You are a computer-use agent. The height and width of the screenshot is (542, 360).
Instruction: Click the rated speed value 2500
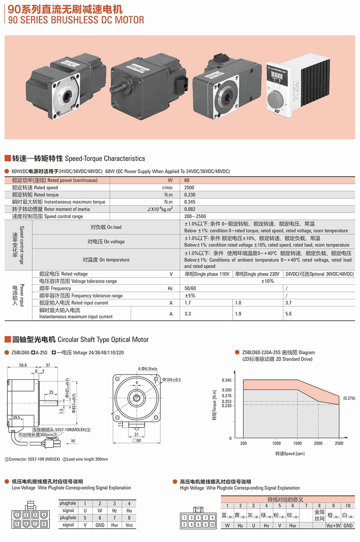tap(189, 188)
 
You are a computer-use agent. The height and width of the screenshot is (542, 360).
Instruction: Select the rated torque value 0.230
tap(189, 195)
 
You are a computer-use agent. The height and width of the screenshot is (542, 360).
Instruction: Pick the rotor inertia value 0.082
tap(189, 209)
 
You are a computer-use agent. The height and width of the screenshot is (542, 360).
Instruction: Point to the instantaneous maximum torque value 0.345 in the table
tap(189, 202)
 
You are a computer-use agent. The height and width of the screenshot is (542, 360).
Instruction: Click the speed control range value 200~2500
tap(195, 216)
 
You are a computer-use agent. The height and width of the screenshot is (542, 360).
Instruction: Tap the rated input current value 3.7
tap(288, 303)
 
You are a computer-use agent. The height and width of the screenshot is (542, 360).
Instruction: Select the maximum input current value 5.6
tap(288, 314)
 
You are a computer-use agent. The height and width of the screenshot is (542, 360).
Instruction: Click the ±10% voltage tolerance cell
tap(267, 281)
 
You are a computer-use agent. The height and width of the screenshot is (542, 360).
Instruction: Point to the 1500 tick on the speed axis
tap(297, 443)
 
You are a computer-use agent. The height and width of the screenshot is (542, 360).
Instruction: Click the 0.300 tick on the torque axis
tap(227, 390)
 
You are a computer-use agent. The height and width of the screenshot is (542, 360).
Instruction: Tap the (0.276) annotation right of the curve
tap(349, 398)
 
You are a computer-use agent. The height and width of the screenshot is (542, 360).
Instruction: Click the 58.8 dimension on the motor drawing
tap(23, 365)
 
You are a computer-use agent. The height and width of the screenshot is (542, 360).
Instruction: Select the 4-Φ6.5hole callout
tap(148, 369)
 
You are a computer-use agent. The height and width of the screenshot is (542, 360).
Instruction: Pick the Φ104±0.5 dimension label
tap(172, 380)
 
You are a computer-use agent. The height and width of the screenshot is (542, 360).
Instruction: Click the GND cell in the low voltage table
tap(99, 525)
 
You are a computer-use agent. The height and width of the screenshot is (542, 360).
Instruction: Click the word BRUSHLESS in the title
tap(79, 20)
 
